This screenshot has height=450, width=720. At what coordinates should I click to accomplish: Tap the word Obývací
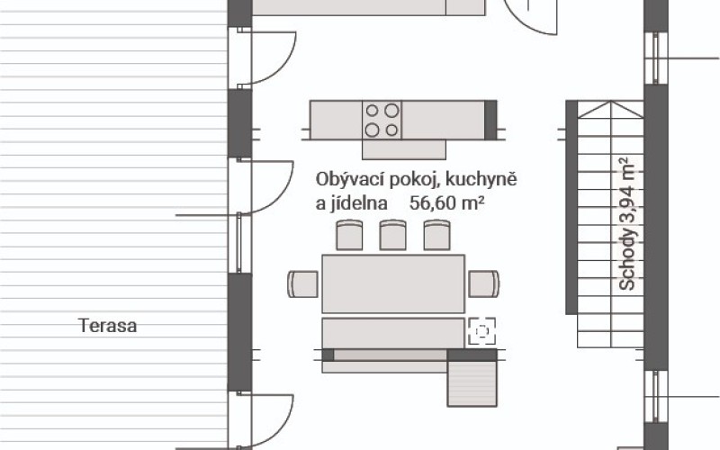coord(343,178)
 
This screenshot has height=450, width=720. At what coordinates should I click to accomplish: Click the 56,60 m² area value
coord(447,204)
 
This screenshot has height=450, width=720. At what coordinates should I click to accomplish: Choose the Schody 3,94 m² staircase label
coord(628,222)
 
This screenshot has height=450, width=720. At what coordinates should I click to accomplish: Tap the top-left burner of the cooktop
coord(371,111)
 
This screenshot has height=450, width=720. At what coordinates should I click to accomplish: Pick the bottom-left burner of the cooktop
coord(371,129)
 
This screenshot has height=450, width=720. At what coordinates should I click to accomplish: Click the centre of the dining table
coord(393,283)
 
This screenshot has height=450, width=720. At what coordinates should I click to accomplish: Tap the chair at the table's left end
coord(302,283)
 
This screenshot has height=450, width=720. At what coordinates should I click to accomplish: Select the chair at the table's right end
coord(484,283)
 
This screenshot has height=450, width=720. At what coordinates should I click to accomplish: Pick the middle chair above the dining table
coord(393,235)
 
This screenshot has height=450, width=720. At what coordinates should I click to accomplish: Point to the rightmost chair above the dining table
coord(436,235)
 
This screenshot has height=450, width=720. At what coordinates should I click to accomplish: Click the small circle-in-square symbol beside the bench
coord(482,332)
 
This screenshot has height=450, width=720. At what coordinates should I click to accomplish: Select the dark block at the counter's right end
coord(490,119)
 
